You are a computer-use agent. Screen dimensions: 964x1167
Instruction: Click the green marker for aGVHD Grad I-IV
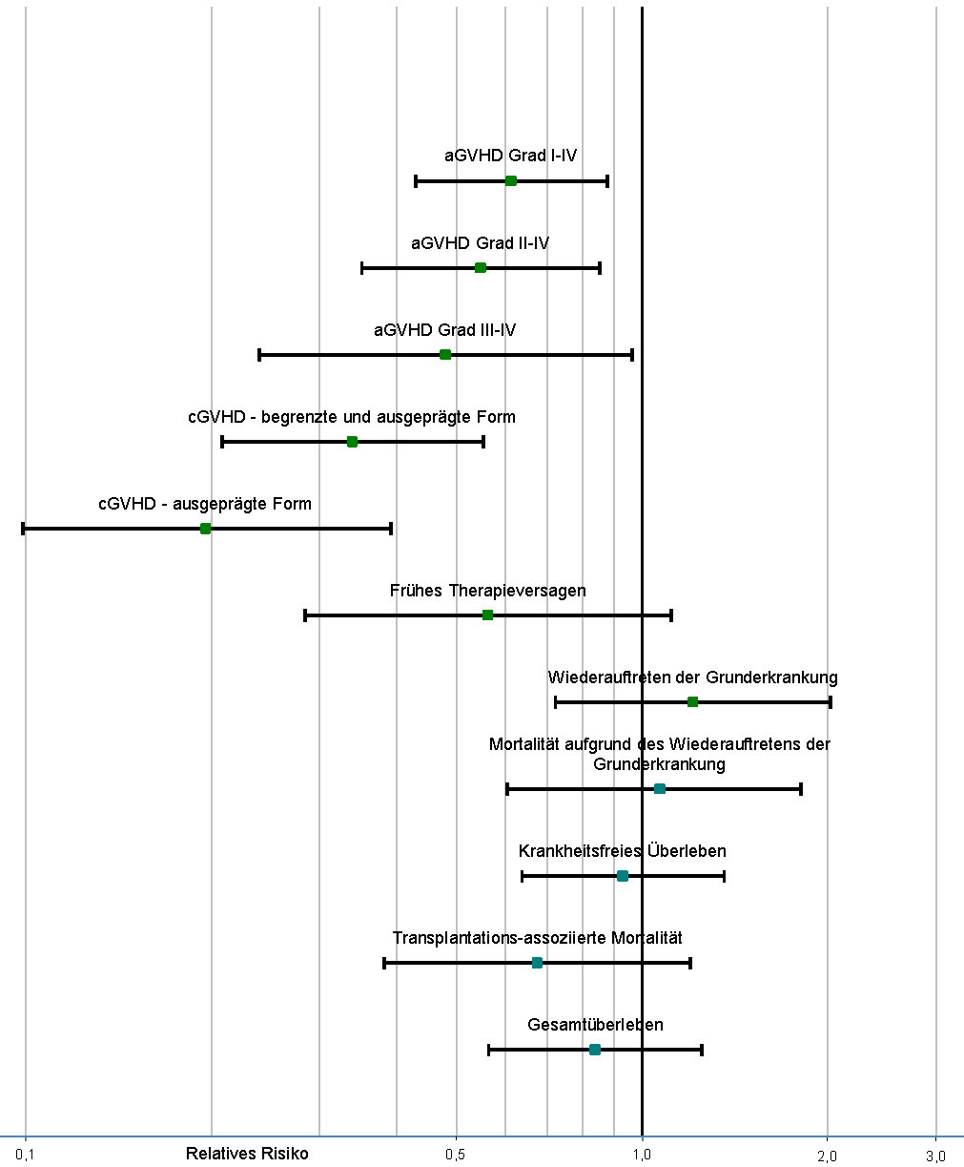pyautogui.click(x=510, y=181)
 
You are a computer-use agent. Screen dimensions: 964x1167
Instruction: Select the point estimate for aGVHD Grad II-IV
pyautogui.click(x=481, y=268)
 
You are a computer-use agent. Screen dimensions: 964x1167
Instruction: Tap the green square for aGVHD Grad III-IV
pyautogui.click(x=445, y=354)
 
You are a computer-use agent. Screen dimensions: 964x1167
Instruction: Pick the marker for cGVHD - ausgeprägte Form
pyautogui.click(x=206, y=529)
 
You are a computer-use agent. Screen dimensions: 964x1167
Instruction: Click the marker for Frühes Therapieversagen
pyautogui.click(x=487, y=615)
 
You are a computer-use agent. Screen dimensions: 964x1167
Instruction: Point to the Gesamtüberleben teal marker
pyautogui.click(x=595, y=1049)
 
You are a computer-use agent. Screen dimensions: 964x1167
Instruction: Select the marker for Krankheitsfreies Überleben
pyautogui.click(x=623, y=875)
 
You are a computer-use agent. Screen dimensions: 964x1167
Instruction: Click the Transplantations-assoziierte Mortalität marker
pyautogui.click(x=537, y=963)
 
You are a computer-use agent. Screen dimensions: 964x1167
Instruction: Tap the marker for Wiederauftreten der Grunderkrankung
pyautogui.click(x=692, y=701)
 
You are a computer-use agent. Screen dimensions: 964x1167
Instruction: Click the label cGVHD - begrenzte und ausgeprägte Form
pyautogui.click(x=352, y=417)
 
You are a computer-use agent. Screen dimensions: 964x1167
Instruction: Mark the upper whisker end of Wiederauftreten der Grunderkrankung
pyautogui.click(x=831, y=702)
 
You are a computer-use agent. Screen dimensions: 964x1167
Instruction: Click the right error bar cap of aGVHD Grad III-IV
pyautogui.click(x=632, y=355)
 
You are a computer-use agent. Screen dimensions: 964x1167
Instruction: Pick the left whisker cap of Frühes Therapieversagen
pyautogui.click(x=305, y=615)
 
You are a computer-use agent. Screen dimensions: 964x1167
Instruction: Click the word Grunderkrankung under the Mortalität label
pyautogui.click(x=659, y=764)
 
